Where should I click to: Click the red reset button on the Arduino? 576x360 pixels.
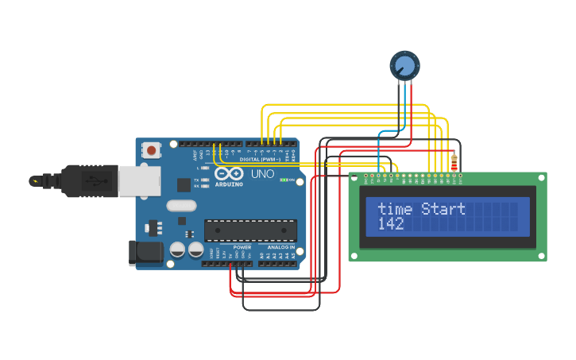[151, 149]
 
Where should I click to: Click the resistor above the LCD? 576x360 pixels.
[454, 163]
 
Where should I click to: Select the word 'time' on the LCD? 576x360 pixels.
[395, 209]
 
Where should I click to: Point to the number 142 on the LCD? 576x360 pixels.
[390, 224]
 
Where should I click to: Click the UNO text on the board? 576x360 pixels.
[262, 173]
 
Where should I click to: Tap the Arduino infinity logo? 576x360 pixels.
[228, 174]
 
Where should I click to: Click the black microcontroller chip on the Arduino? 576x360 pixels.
[250, 230]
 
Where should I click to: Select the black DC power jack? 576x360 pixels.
[145, 254]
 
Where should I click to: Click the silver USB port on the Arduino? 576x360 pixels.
[137, 180]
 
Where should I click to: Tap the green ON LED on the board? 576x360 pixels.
[284, 180]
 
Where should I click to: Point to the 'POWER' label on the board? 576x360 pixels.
[242, 247]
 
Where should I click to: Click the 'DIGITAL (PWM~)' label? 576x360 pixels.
[261, 159]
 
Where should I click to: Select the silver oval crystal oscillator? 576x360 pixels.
[181, 206]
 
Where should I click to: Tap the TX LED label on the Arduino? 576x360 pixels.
[196, 180]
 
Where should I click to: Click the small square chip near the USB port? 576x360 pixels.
[184, 185]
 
